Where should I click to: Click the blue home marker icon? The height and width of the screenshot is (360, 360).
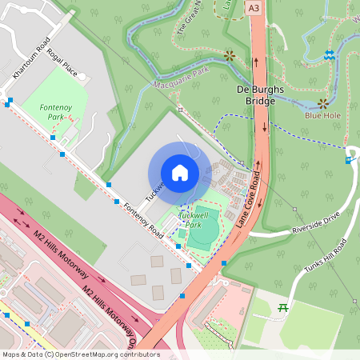(x=180, y=173)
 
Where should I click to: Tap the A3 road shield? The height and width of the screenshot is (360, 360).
(x=254, y=7)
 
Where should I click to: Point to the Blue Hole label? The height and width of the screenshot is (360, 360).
(x=324, y=115)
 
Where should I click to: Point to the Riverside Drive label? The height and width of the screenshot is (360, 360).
(x=317, y=228)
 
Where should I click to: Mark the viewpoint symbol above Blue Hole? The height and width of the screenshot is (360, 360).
(x=324, y=103)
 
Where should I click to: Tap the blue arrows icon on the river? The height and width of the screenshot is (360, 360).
(x=330, y=54)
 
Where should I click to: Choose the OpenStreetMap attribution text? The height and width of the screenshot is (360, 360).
(x=80, y=354)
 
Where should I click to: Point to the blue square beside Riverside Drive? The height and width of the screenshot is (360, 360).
(x=348, y=160)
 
